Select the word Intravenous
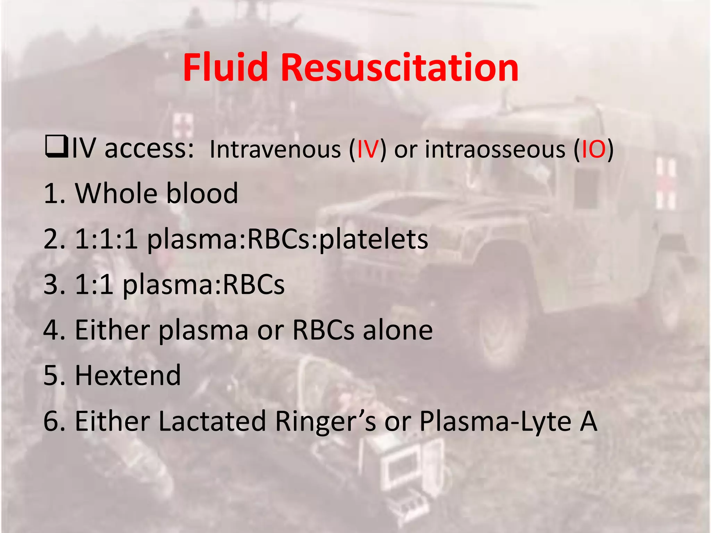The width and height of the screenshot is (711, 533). pyautogui.click(x=275, y=150)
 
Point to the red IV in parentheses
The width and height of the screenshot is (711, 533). pyautogui.click(x=367, y=150)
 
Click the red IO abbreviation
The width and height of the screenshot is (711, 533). pyautogui.click(x=593, y=150)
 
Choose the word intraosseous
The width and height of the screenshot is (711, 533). pyautogui.click(x=495, y=150)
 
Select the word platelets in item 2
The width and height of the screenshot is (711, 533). pyautogui.click(x=373, y=239)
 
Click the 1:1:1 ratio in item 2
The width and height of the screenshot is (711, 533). pyautogui.click(x=106, y=239)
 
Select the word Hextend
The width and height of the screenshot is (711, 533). pyautogui.click(x=128, y=375)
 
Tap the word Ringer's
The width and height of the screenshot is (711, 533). pyautogui.click(x=325, y=422)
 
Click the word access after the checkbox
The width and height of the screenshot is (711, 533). pyautogui.click(x=149, y=150)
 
